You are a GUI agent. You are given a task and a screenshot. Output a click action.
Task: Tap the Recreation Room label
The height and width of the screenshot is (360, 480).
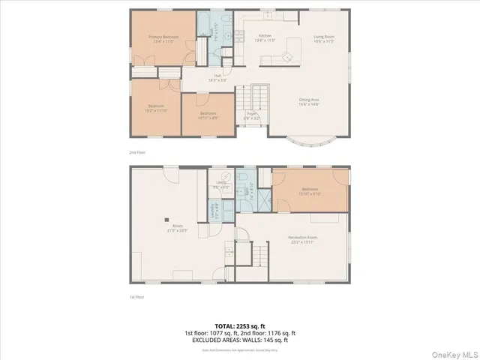302,239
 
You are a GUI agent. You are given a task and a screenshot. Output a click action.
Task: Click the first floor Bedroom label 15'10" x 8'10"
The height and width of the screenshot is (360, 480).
310,190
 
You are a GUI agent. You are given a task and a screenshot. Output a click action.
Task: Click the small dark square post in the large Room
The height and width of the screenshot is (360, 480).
167,220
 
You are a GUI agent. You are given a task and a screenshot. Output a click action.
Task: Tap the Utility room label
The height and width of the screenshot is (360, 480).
222,184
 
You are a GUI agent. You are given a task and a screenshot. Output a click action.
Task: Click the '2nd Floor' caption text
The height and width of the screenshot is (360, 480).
138,153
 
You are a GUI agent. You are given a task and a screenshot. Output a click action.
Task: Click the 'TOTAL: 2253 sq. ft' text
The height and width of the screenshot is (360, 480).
240,325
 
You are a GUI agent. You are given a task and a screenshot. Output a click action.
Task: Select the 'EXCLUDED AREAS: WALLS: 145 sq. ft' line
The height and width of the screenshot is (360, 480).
240,340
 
